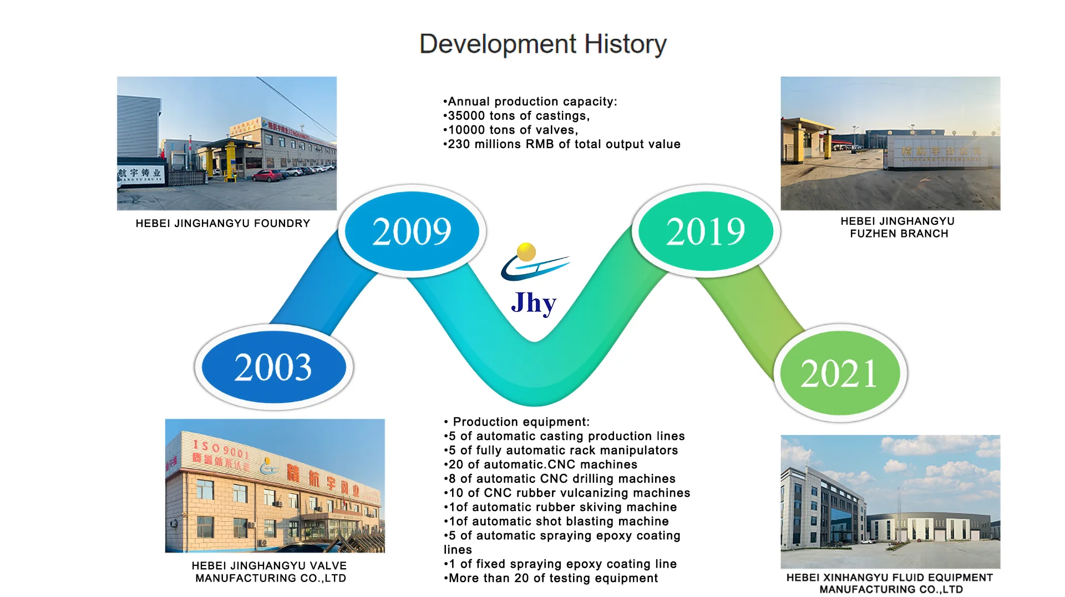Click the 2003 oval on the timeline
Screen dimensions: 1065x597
tap(274, 367)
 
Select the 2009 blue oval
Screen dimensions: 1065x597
tap(412, 231)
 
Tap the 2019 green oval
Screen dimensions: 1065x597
tap(706, 231)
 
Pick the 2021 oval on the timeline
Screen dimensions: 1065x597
tap(840, 373)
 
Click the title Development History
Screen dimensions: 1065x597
tap(543, 44)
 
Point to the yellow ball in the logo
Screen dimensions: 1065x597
tap(526, 252)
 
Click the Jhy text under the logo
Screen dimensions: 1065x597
tap(534, 303)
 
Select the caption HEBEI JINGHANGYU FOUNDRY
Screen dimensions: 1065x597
tap(223, 224)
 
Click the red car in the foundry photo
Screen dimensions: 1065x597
tap(267, 176)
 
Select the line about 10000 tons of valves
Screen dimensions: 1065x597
tap(511, 130)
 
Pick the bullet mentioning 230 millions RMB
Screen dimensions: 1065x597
tap(562, 144)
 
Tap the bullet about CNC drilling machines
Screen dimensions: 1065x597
tap(560, 479)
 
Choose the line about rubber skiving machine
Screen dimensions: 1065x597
tap(560, 507)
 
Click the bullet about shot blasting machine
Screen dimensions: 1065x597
tap(556, 522)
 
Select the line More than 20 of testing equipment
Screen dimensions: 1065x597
tap(551, 578)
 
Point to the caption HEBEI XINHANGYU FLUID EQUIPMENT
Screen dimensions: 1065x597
tap(890, 578)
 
